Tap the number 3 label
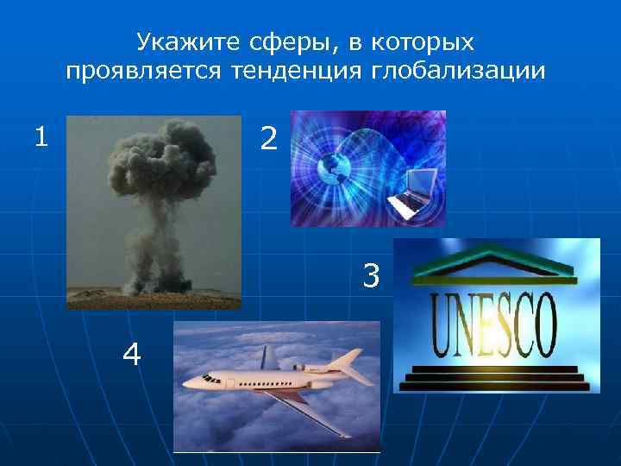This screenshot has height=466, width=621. click(x=371, y=277)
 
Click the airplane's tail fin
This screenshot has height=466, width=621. click(x=270, y=356)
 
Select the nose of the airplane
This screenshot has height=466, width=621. click(x=188, y=383)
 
